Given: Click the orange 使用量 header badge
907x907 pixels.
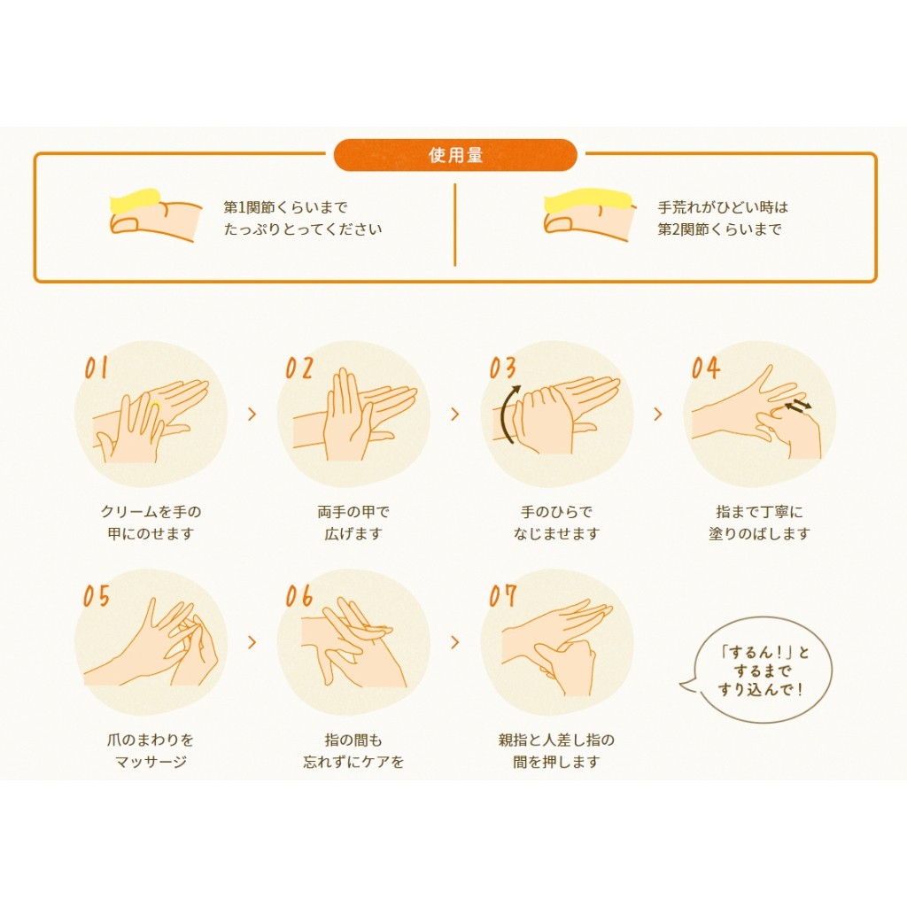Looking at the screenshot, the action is click(455, 155).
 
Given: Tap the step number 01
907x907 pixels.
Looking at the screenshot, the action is click(96, 368).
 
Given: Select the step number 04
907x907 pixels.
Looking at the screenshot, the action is click(706, 368).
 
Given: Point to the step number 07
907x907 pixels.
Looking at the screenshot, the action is click(502, 596).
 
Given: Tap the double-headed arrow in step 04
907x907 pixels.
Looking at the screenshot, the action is click(798, 406).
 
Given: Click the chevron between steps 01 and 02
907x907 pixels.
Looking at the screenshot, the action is click(252, 415).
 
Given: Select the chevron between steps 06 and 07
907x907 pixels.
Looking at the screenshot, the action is click(454, 642).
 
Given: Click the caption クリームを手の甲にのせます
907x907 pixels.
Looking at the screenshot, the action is click(151, 523).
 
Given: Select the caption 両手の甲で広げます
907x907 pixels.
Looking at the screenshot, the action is click(353, 523).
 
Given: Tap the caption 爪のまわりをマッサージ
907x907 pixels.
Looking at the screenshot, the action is click(151, 751).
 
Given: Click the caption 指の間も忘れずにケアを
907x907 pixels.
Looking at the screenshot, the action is click(353, 751).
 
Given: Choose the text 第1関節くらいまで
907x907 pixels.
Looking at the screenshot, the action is click(286, 207).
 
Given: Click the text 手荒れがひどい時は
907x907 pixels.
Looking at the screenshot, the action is click(723, 207).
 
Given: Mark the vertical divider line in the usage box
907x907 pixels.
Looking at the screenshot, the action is click(455, 225).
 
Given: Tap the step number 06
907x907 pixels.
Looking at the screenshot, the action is click(298, 596).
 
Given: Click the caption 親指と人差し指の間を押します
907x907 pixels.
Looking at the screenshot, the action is click(556, 751).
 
